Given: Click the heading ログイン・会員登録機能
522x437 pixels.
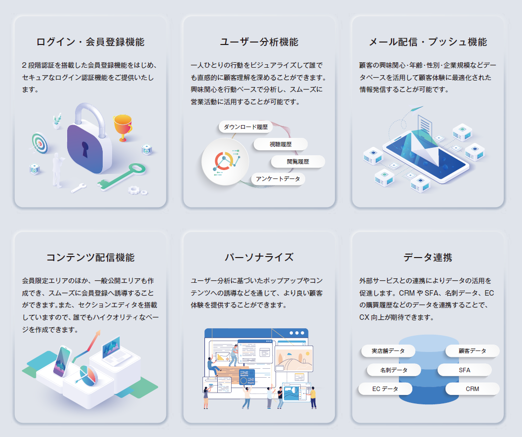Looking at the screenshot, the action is pos(90,42).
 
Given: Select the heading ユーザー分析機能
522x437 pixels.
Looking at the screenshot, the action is pos(259,42).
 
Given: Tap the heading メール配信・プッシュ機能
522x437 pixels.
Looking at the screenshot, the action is pos(428,42).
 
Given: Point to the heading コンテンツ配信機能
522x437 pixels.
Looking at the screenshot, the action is pos(90,258).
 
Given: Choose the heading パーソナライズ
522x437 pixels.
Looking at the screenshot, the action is pos(259,258).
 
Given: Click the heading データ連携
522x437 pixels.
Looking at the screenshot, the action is pos(428,258).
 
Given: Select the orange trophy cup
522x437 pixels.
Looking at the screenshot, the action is pos(122,127).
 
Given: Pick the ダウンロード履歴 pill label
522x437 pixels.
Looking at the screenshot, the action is pos(245,127).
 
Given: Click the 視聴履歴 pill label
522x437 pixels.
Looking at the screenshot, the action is pos(281,144).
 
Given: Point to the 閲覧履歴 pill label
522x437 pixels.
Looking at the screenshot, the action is pos(298,162).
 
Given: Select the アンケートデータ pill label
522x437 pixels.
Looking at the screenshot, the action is pos(278,179).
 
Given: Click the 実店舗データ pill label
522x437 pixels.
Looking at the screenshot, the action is pos(388,351).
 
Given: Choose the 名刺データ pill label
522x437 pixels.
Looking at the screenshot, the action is pos(394,370).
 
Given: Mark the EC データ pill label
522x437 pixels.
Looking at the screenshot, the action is pos(385,389).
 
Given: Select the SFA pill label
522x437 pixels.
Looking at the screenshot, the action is pos(464,370).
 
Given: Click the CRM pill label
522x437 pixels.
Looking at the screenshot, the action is pos(472,389).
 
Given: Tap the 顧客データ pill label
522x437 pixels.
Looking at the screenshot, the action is pos(472,351).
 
